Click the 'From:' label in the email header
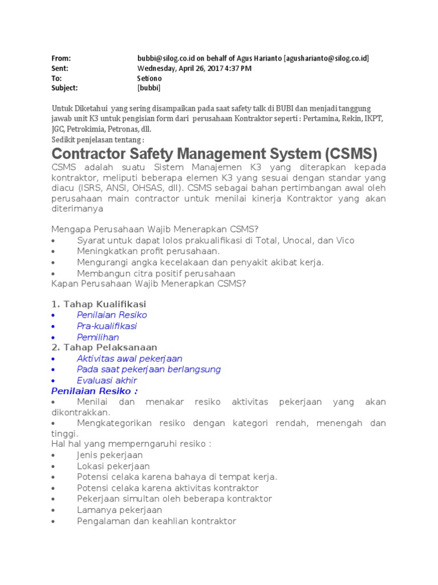61,58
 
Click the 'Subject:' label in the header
64,88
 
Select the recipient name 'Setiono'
149,78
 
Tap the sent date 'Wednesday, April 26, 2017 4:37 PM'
194,69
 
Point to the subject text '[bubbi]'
149,88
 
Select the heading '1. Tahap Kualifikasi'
99,304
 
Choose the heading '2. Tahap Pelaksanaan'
104,347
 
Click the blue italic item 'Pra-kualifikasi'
107,326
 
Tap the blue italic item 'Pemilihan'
98,337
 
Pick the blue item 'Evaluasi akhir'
107,380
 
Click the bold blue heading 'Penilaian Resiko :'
94,391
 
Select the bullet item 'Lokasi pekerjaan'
113,467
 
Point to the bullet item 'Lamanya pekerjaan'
120,510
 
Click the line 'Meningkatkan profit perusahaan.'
148,251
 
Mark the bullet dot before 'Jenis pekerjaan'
53,456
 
